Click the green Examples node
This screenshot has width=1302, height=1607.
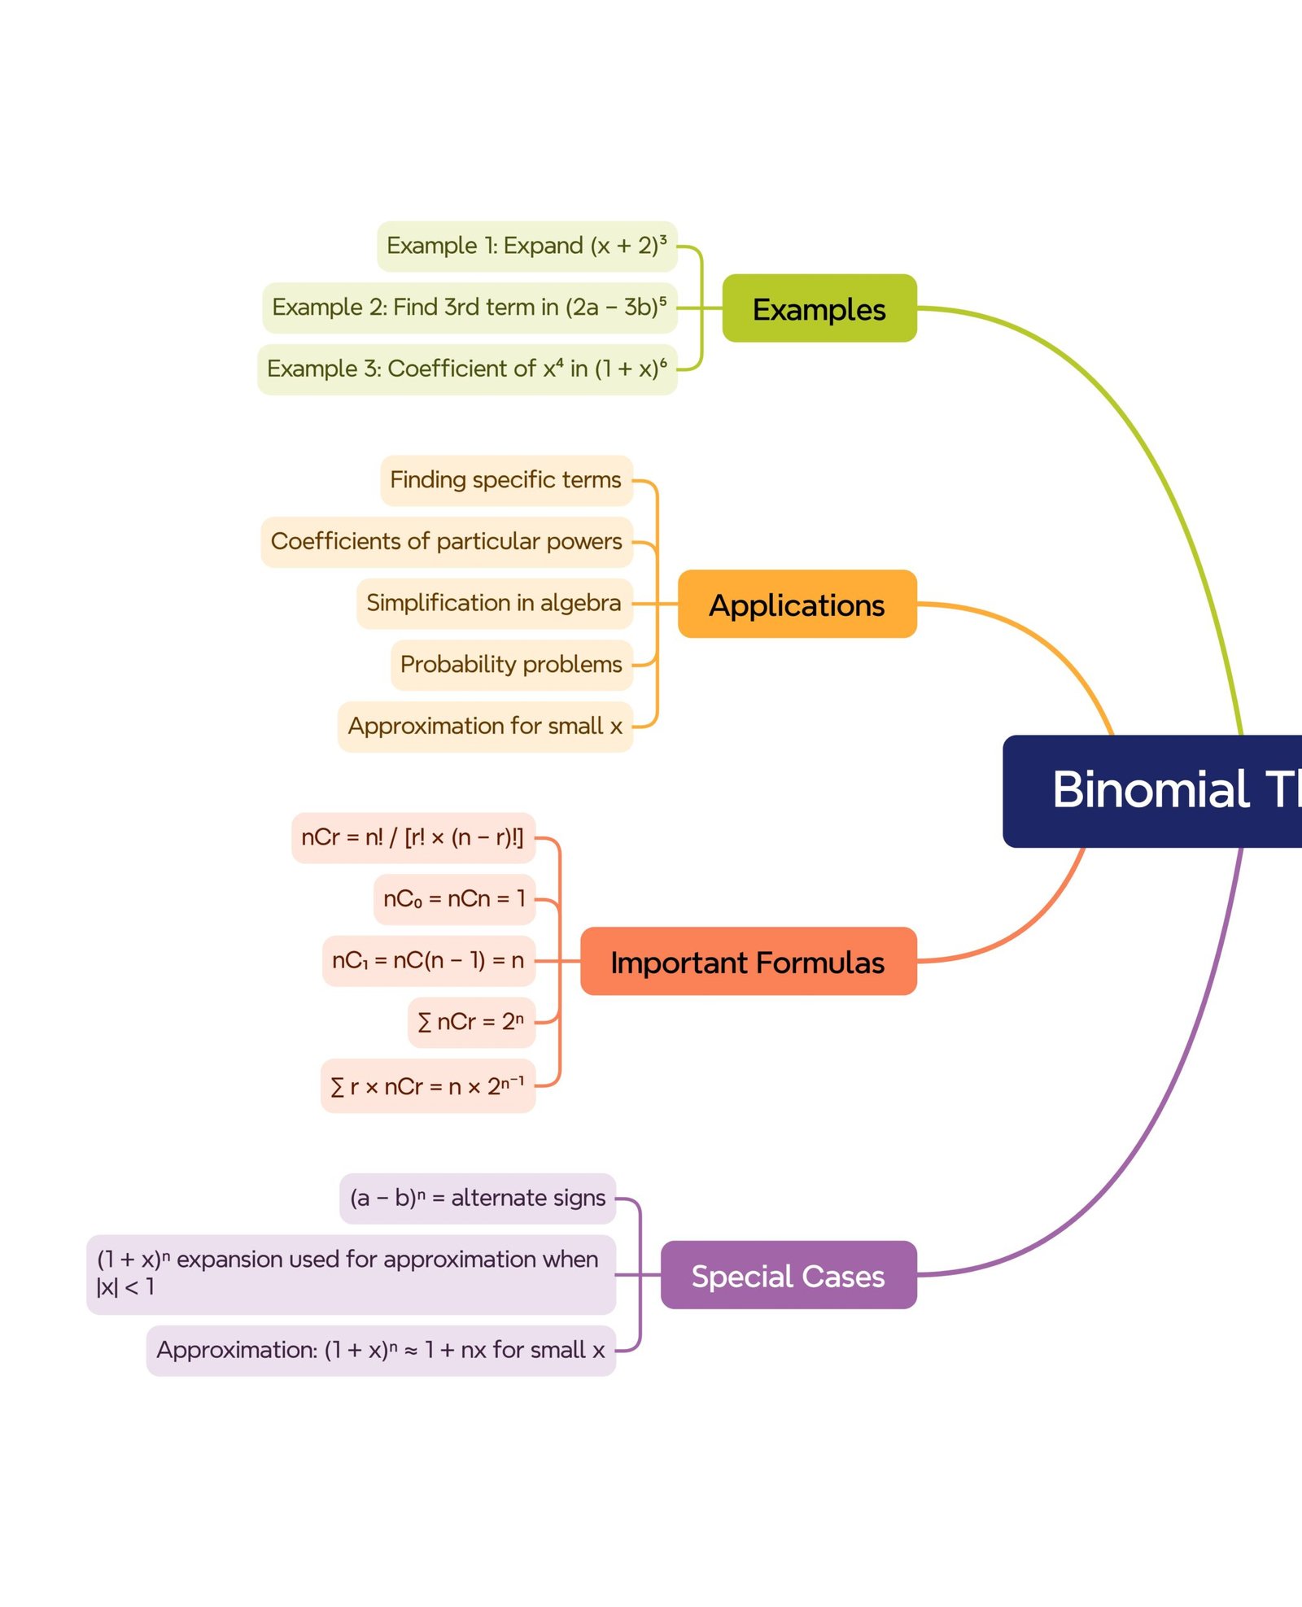pyautogui.click(x=819, y=308)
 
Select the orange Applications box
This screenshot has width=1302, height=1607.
pyautogui.click(x=797, y=604)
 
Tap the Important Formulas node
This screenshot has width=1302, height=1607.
pyautogui.click(x=748, y=961)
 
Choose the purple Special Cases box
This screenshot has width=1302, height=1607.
pyautogui.click(x=788, y=1275)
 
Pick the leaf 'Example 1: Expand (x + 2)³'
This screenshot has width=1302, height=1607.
pyautogui.click(x=526, y=246)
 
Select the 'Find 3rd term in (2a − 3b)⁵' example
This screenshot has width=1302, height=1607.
pyautogui.click(x=470, y=308)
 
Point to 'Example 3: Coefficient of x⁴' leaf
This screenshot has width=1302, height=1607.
pyautogui.click(x=467, y=369)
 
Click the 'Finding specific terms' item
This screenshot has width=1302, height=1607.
pyautogui.click(x=505, y=480)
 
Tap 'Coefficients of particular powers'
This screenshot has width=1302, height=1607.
pyautogui.click(x=446, y=542)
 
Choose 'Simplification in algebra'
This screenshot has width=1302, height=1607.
pyautogui.click(x=494, y=603)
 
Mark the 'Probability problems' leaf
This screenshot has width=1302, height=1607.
pyautogui.click(x=511, y=665)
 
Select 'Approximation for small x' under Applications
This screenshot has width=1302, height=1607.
pyautogui.click(x=485, y=726)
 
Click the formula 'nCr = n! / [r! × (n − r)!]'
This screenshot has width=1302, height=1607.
pyautogui.click(x=413, y=837)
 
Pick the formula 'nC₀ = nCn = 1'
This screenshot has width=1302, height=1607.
pyautogui.click(x=454, y=899)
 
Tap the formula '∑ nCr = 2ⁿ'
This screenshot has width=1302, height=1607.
pyautogui.click(x=470, y=1022)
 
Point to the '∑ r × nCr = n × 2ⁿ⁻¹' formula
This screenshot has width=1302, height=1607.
pyautogui.click(x=427, y=1086)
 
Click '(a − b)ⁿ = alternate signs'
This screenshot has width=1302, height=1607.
pyautogui.click(x=478, y=1198)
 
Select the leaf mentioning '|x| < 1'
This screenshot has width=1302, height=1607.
pyautogui.click(x=351, y=1273)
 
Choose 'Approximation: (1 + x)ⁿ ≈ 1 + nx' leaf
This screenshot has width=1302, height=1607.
pyautogui.click(x=381, y=1350)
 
